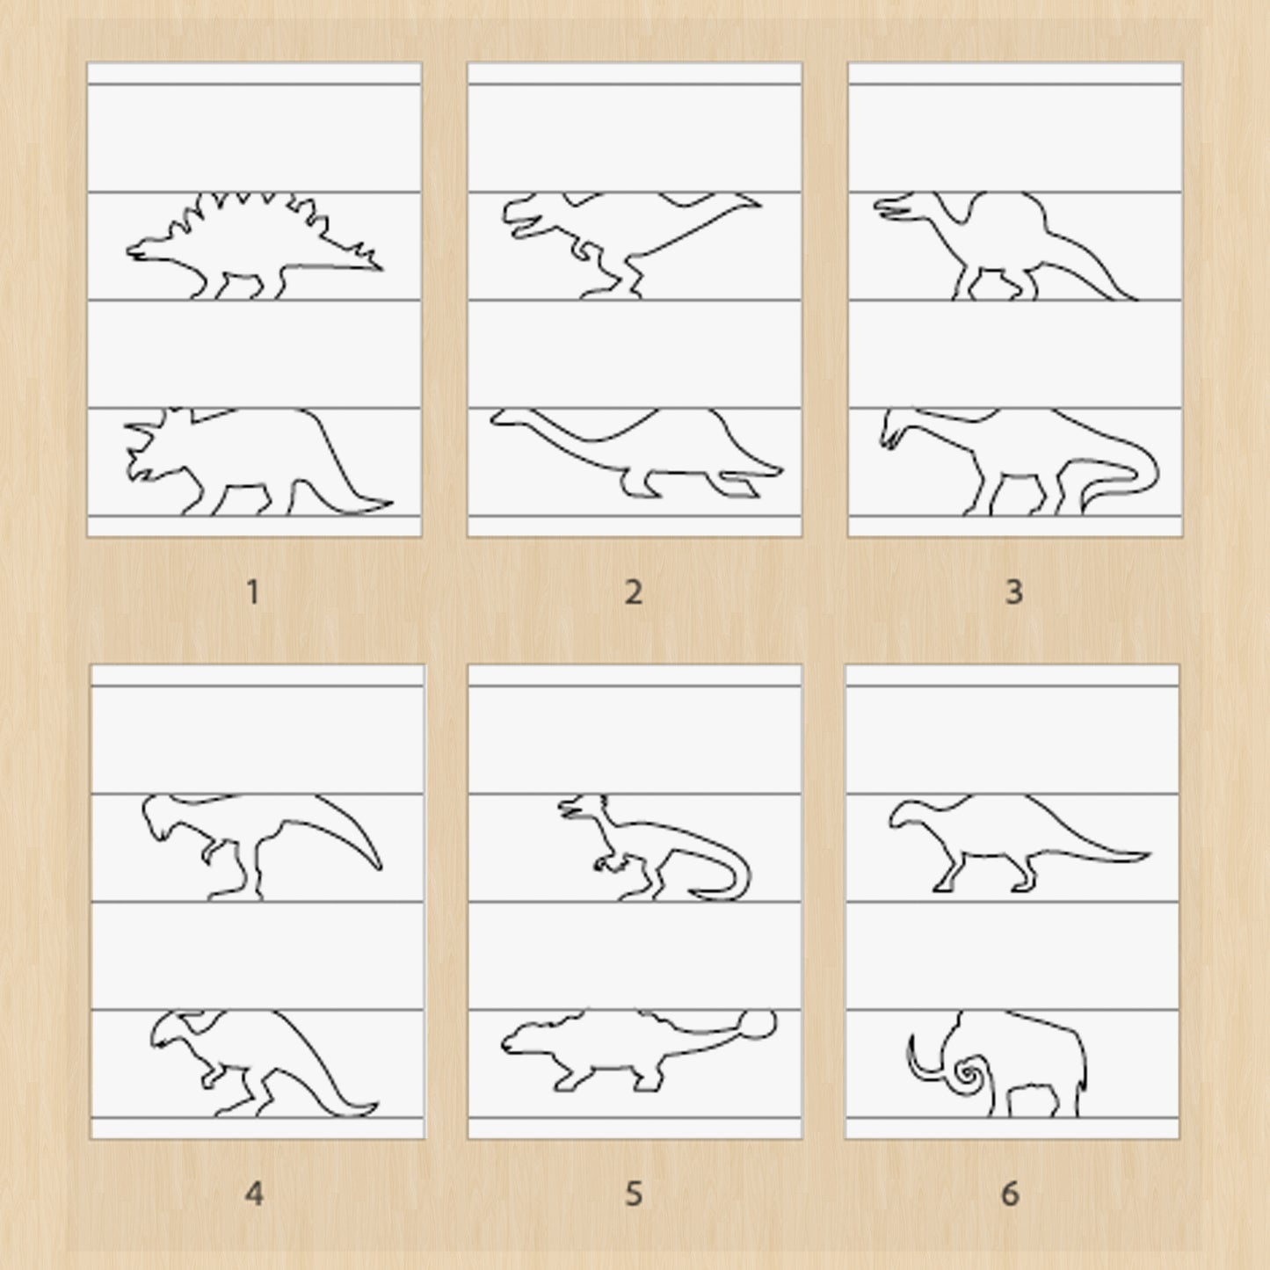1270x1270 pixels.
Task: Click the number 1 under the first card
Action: (253, 591)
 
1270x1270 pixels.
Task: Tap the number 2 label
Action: (634, 591)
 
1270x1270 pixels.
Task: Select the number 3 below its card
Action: (1014, 591)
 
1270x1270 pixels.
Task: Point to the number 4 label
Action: (254, 1193)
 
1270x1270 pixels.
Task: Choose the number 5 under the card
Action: (634, 1193)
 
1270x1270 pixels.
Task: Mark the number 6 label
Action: (1011, 1193)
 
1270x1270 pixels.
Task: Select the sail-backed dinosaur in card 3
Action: (1005, 245)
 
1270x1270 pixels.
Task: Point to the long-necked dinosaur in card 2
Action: (636, 452)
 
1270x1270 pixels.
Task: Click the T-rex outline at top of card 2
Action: (631, 245)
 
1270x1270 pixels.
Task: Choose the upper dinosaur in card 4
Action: (262, 847)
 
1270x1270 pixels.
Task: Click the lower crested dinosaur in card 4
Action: (264, 1063)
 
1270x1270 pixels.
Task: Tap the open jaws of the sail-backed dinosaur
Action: (893, 207)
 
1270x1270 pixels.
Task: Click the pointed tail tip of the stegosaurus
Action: (378, 267)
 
